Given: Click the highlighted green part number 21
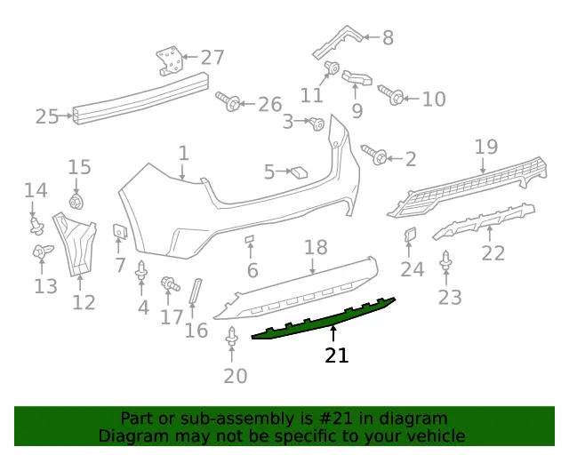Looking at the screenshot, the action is pyautogui.click(x=323, y=319).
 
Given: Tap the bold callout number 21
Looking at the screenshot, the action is pyautogui.click(x=337, y=355).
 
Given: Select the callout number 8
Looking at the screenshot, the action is pyautogui.click(x=388, y=37).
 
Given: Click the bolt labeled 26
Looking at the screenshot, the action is pyautogui.click(x=228, y=101).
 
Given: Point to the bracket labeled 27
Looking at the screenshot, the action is pyautogui.click(x=169, y=60).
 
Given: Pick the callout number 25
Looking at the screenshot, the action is pyautogui.click(x=47, y=116).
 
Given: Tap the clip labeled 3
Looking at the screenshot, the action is pyautogui.click(x=317, y=124).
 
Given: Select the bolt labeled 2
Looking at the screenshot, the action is pyautogui.click(x=374, y=155).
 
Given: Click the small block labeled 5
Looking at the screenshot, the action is pyautogui.click(x=299, y=172).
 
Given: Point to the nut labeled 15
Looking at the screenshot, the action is pyautogui.click(x=76, y=202).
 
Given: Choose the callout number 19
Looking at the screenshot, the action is pyautogui.click(x=486, y=147).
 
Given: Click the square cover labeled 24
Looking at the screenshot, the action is pyautogui.click(x=410, y=235).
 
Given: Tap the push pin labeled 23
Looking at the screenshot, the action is pyautogui.click(x=445, y=260).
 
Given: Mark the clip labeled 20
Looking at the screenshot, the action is pyautogui.click(x=232, y=337).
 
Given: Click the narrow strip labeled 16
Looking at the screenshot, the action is pyautogui.click(x=196, y=291).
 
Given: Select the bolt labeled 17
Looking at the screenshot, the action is pyautogui.click(x=170, y=283).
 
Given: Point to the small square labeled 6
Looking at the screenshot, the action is pyautogui.click(x=250, y=239).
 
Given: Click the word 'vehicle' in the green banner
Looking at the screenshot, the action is pyautogui.click(x=437, y=435).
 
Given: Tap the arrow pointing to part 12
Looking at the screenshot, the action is pyautogui.click(x=80, y=283).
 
